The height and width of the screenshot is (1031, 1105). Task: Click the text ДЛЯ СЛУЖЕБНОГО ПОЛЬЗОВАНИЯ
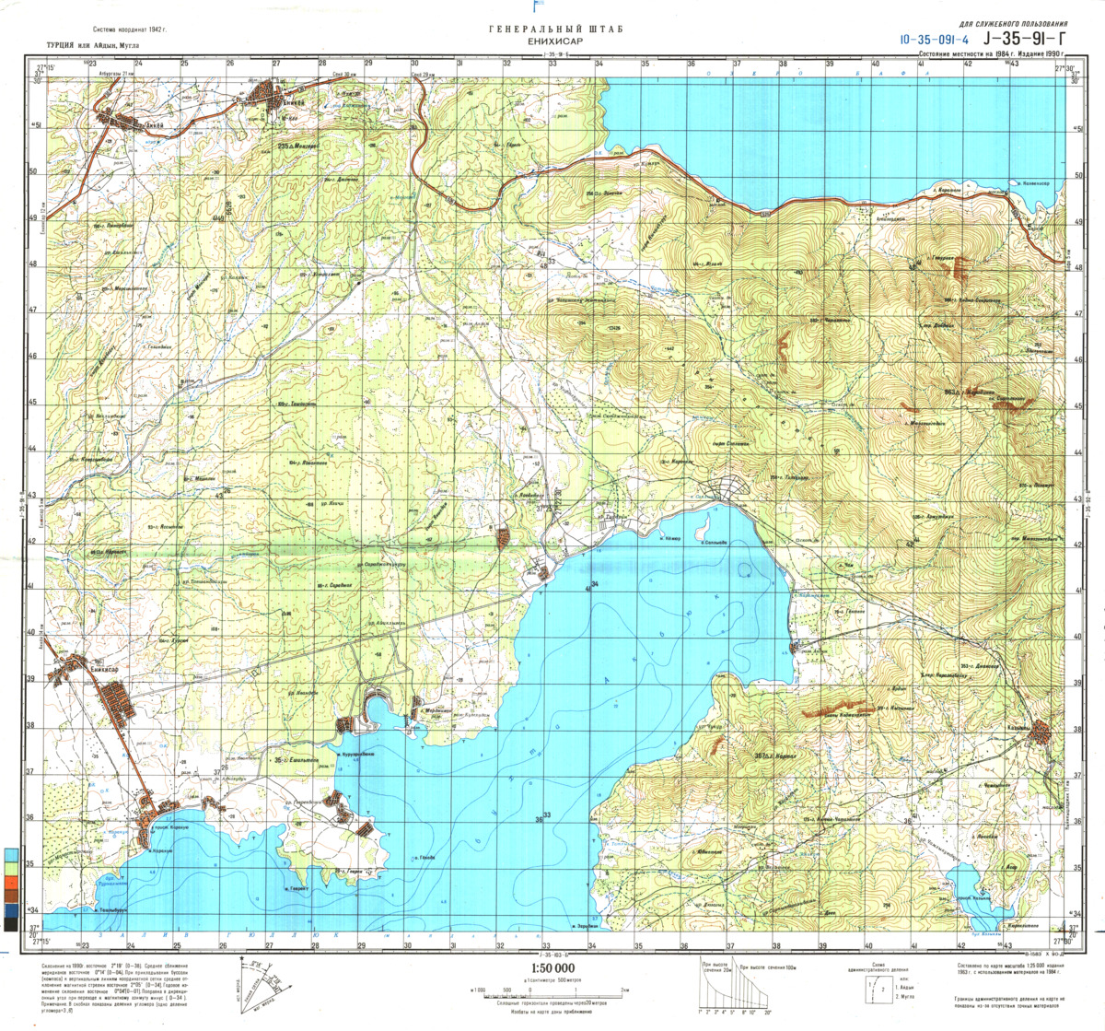tap(1013, 23)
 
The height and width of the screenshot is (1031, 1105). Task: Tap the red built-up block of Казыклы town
tap(1041, 733)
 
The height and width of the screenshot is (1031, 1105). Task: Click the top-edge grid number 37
tap(737, 64)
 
